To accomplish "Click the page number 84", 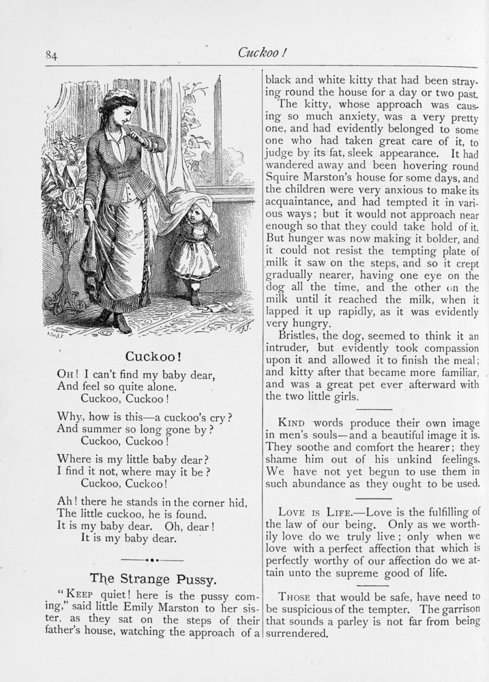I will [51, 56].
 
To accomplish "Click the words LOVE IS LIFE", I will [312, 512].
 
